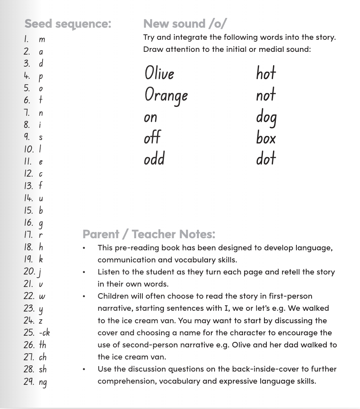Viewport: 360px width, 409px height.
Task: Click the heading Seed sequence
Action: click(67, 24)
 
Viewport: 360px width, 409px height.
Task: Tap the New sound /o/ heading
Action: click(184, 24)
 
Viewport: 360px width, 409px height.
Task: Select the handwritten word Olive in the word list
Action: click(159, 73)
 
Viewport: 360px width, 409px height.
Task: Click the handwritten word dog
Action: click(266, 117)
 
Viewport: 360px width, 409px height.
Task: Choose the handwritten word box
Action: click(266, 138)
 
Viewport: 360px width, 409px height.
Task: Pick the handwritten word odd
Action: click(154, 159)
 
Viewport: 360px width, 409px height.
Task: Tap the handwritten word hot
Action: click(266, 73)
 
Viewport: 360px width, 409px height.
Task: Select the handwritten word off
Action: click(152, 138)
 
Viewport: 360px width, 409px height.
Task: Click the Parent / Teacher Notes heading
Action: click(149, 234)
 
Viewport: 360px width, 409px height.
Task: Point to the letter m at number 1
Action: click(42, 39)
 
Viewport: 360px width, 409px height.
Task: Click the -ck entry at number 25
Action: click(44, 333)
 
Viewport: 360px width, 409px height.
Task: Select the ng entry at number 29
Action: click(43, 382)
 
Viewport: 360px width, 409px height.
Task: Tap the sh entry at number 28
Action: click(43, 369)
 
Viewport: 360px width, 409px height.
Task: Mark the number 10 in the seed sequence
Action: click(29, 149)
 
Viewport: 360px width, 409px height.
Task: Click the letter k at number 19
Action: click(41, 259)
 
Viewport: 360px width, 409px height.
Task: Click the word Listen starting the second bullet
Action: click(108, 272)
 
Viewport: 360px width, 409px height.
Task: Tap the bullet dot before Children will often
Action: click(84, 297)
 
